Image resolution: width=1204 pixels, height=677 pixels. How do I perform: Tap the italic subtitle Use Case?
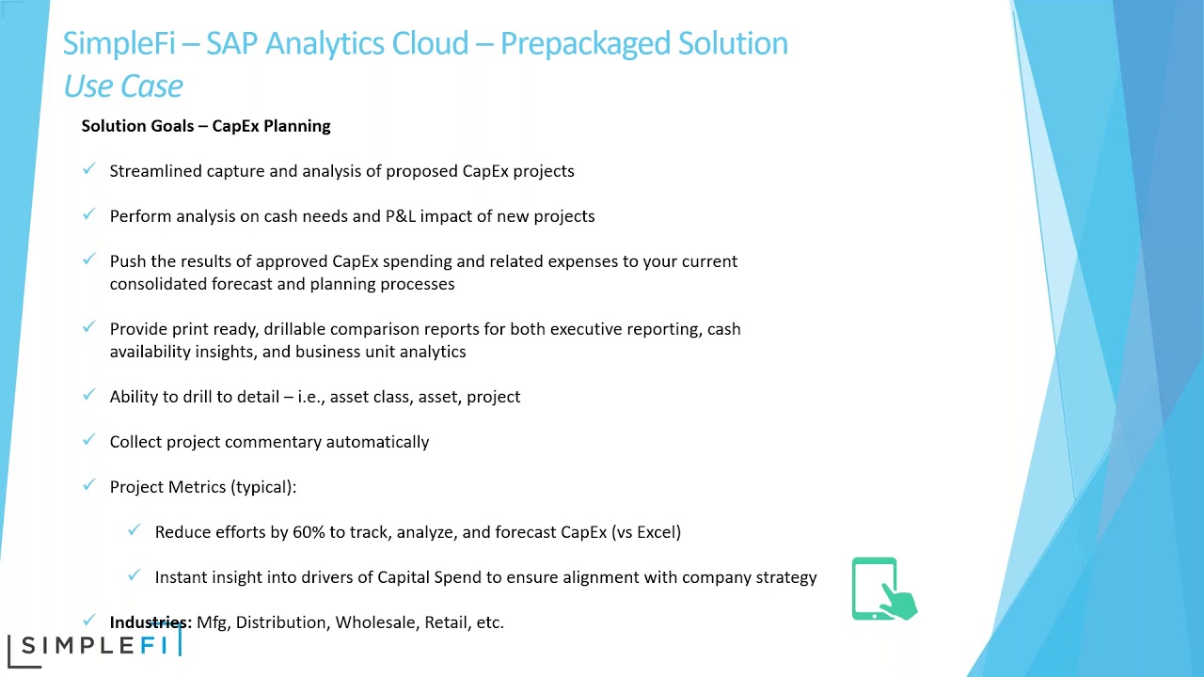123,87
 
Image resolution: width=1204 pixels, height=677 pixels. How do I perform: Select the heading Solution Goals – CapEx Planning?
206,126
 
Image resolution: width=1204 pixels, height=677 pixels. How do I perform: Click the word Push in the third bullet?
128,261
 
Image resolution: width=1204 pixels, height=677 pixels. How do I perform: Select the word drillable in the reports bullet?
294,329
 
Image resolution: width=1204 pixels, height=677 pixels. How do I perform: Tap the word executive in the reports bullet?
584,329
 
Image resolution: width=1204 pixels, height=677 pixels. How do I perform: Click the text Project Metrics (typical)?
203,487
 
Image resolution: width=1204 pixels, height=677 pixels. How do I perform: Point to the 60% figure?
309,532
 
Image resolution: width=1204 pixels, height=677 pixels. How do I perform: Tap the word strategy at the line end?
786,577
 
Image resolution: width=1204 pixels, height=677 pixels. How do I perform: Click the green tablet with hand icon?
883,590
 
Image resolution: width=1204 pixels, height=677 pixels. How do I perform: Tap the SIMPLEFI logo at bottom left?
93,646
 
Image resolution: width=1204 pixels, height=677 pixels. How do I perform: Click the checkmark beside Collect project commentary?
89,440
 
